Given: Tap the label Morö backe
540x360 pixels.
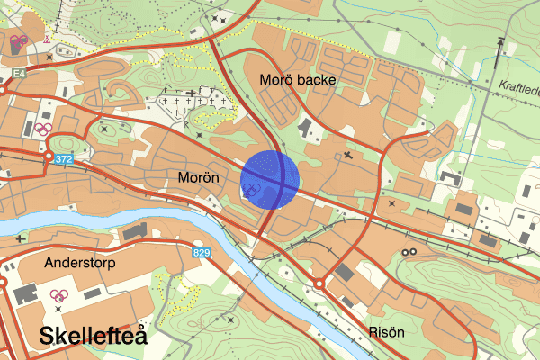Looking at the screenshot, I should [x=297, y=80].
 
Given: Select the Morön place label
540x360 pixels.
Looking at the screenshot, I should [x=198, y=176].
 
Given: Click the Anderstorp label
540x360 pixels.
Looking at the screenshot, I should [x=79, y=262].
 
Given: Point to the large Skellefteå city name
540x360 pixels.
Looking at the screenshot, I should [x=93, y=337].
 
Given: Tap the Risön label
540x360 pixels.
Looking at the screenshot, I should [x=385, y=332].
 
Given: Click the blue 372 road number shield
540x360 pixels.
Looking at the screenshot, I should [x=63, y=159].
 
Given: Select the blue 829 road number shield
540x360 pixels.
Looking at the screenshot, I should [x=201, y=253].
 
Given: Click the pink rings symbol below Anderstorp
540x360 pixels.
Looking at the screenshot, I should [x=60, y=294].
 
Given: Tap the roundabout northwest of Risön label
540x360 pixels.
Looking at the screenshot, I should [x=319, y=285].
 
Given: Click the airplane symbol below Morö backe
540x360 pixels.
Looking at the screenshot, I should [x=349, y=157].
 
